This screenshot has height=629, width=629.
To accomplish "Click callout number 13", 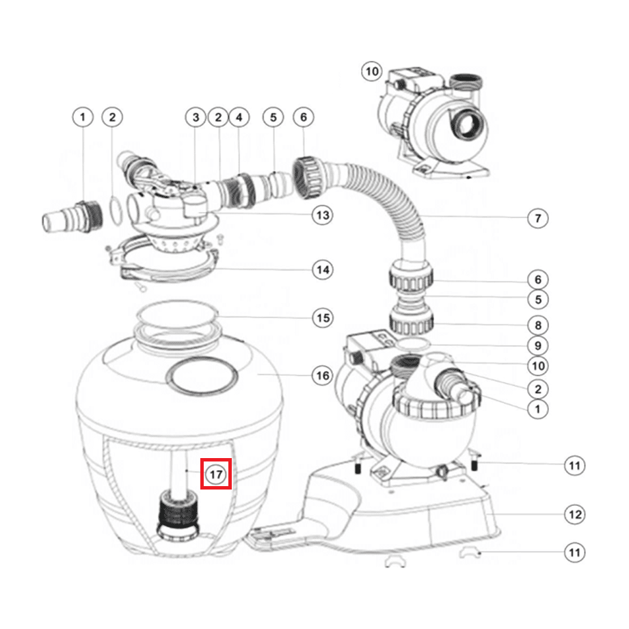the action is tap(323, 215).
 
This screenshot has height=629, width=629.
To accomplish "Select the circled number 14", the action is tap(323, 270).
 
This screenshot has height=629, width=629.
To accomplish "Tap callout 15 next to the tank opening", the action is tap(323, 318).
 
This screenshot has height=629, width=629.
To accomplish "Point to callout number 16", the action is tap(323, 376).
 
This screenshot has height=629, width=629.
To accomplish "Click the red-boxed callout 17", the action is tap(216, 474).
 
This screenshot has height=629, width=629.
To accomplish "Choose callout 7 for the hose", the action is tap(537, 219).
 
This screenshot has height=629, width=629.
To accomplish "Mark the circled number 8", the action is tap(537, 325).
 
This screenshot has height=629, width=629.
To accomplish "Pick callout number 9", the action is tap(537, 345).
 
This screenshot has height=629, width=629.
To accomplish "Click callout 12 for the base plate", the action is tap(574, 515).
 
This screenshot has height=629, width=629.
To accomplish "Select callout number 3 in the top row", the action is tap(196, 117).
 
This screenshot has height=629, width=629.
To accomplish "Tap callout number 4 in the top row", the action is tap(239, 117).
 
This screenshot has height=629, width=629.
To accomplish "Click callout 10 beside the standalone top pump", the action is tap(371, 71).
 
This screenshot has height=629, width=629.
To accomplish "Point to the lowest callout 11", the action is tap(574, 552).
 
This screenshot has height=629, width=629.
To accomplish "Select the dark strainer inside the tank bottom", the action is tap(178, 515).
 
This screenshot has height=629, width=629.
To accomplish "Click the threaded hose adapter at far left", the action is tap(72, 217).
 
